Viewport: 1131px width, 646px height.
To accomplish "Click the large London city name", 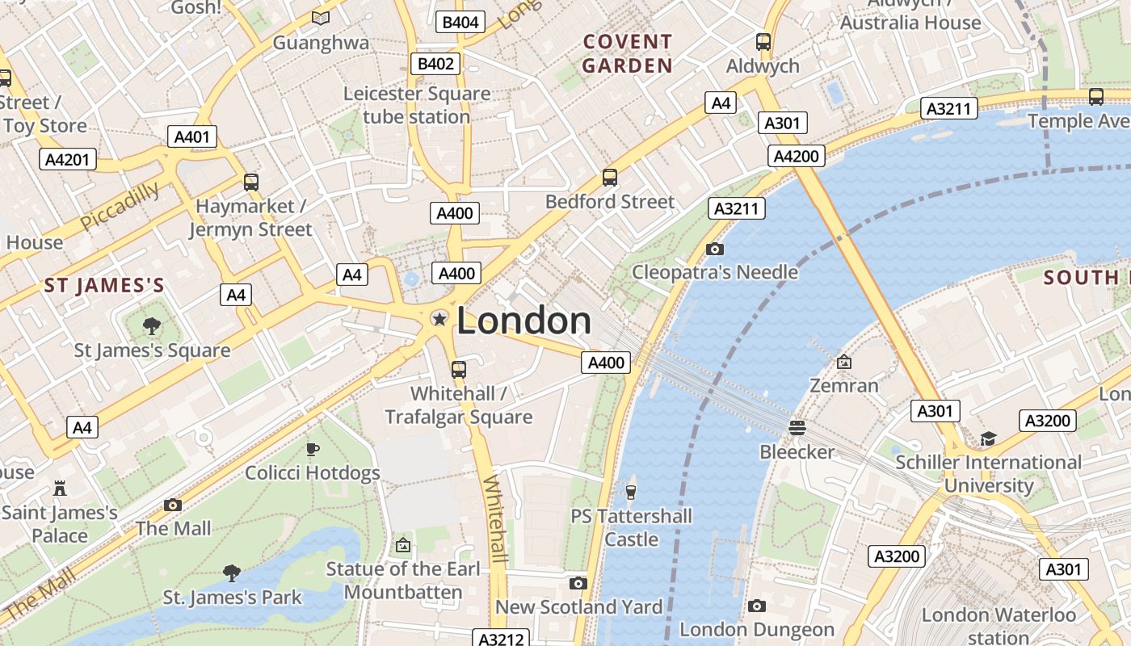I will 523,321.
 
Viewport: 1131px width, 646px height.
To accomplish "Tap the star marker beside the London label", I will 439,320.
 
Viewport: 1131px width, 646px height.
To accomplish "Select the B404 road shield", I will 460,22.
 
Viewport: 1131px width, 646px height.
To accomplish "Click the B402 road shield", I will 435,64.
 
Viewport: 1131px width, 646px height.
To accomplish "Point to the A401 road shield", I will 192,136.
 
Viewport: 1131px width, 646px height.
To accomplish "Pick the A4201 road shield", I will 67,159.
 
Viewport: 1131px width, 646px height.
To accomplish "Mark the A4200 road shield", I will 796,156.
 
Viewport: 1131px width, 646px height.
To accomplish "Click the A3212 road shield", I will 502,639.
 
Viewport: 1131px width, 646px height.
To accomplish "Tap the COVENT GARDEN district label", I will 628,53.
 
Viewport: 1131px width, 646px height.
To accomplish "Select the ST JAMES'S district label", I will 104,285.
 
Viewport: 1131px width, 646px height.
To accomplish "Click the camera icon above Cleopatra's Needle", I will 714,249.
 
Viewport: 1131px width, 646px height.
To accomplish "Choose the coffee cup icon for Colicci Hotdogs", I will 312,449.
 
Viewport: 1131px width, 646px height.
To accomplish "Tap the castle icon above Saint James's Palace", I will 59,488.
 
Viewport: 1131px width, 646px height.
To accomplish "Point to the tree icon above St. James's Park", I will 232,573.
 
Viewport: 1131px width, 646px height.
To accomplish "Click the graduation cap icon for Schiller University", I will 988,438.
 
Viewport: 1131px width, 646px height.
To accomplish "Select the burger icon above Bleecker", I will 797,427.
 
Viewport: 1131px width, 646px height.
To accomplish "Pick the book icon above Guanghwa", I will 321,18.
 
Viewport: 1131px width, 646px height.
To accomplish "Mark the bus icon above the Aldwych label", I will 763,42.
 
